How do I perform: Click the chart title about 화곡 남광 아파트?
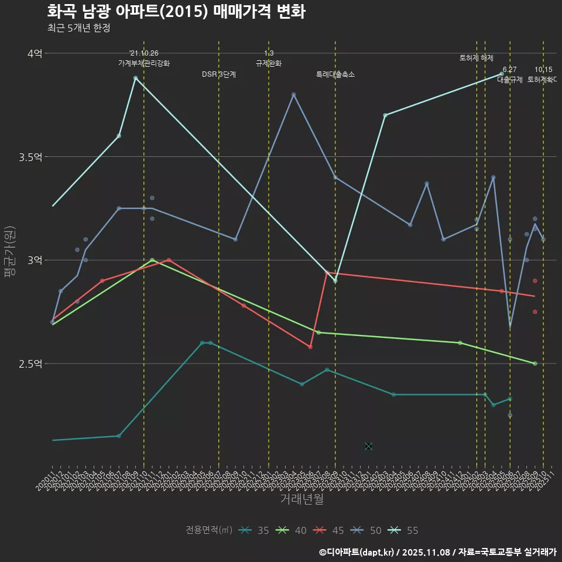[176, 12]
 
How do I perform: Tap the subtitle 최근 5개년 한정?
[78, 28]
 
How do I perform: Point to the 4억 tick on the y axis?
[35, 53]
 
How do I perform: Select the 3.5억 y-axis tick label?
[30, 157]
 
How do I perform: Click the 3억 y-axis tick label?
[35, 260]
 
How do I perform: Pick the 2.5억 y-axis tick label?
[30, 364]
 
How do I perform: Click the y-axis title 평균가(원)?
[9, 252]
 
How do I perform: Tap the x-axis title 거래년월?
[301, 499]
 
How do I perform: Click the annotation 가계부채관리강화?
[144, 63]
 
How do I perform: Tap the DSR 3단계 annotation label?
[219, 74]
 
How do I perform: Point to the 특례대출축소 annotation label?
[335, 74]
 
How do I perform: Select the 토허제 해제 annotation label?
[477, 58]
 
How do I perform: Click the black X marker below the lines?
[368, 446]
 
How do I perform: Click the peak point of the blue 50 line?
[294, 94]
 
